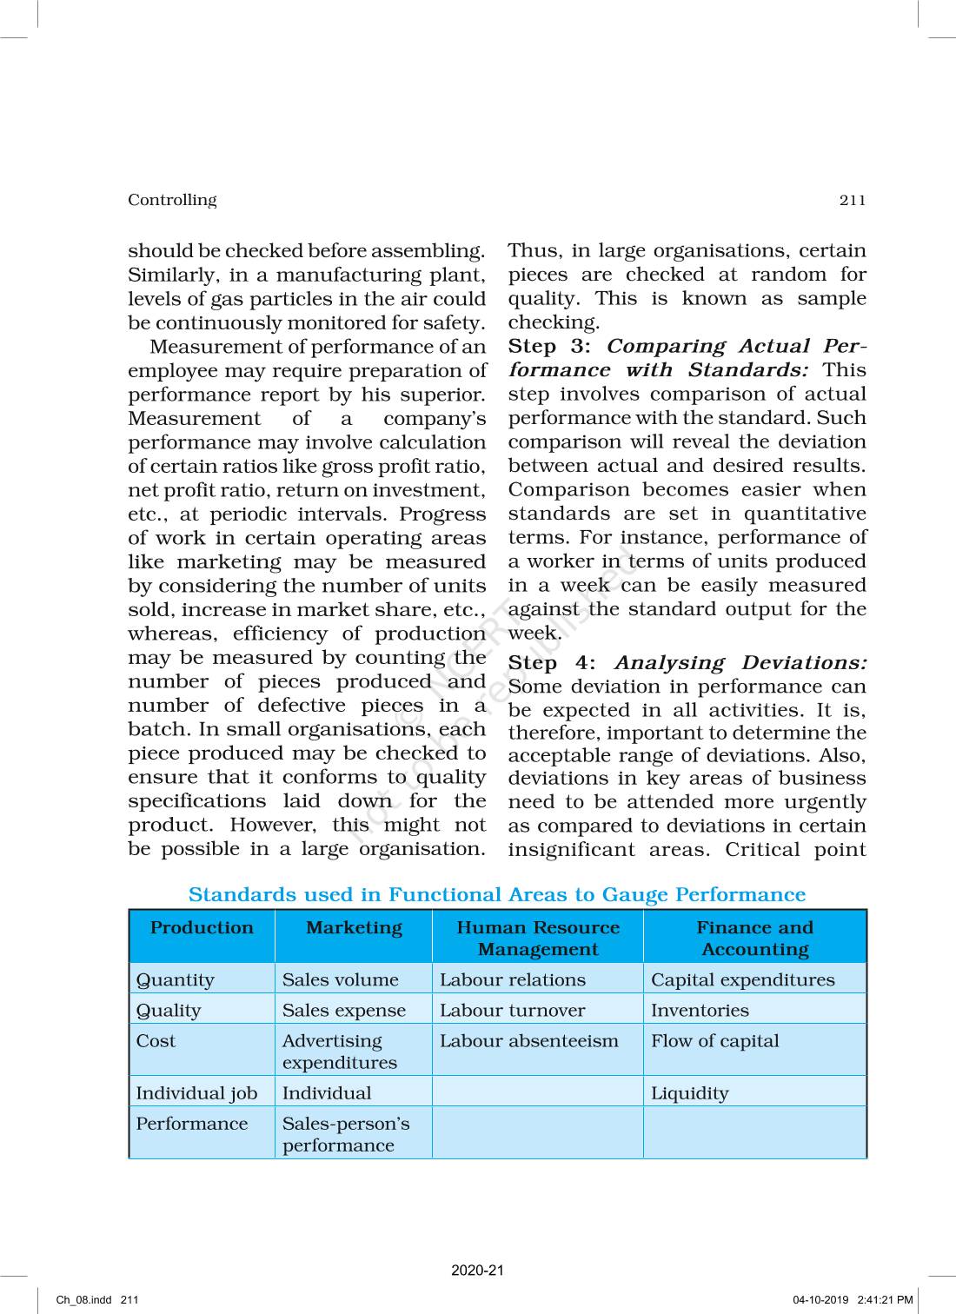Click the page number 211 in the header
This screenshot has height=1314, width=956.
(853, 201)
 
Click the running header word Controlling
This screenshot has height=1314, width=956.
(172, 200)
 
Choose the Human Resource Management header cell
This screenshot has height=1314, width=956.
(538, 939)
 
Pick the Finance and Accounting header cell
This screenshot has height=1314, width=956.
(754, 939)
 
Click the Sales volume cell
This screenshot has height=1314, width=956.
(340, 980)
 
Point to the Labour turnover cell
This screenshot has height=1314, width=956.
(512, 1011)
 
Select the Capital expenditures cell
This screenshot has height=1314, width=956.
(742, 980)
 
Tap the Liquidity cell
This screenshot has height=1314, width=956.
(689, 1093)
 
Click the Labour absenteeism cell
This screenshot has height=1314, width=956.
(528, 1041)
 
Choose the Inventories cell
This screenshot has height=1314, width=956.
(700, 1011)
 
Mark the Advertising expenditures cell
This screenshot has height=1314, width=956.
(339, 1052)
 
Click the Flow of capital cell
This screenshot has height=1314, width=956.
(714, 1041)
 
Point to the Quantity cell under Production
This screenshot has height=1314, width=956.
(175, 980)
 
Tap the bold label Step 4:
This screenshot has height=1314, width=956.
(552, 663)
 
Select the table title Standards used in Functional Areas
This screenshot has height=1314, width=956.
(496, 895)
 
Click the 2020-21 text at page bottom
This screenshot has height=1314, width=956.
(477, 1271)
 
